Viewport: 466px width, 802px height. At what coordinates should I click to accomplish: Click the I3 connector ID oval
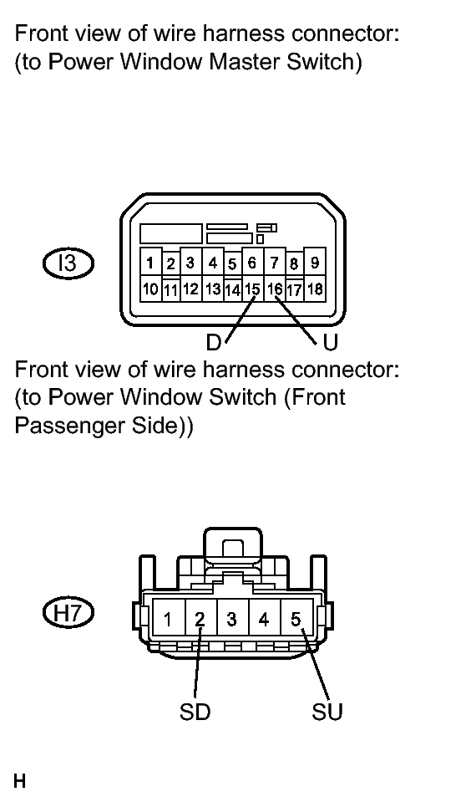point(68,264)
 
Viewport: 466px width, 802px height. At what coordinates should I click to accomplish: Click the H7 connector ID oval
point(68,612)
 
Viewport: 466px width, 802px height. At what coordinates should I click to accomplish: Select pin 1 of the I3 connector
point(150,263)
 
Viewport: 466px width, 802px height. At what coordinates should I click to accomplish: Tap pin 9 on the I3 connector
point(315,263)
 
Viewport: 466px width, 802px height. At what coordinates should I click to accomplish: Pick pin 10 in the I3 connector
point(150,289)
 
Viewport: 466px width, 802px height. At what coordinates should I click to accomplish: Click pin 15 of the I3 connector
point(252,289)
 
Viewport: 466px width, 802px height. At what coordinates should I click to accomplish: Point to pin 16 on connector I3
point(275,289)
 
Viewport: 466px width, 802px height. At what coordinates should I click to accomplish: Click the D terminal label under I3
point(213,343)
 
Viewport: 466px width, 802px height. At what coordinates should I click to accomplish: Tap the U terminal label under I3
point(331,343)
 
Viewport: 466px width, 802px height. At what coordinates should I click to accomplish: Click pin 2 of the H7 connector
point(200,620)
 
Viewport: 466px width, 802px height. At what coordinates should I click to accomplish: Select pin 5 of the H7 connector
point(296,620)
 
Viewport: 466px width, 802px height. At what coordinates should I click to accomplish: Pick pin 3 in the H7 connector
point(232,620)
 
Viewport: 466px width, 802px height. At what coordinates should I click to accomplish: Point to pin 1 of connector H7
point(168,620)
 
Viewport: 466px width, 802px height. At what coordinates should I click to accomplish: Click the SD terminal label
point(195,712)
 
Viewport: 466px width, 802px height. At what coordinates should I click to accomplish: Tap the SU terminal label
point(327,712)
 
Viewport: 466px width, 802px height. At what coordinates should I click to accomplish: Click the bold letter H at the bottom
point(19,782)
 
